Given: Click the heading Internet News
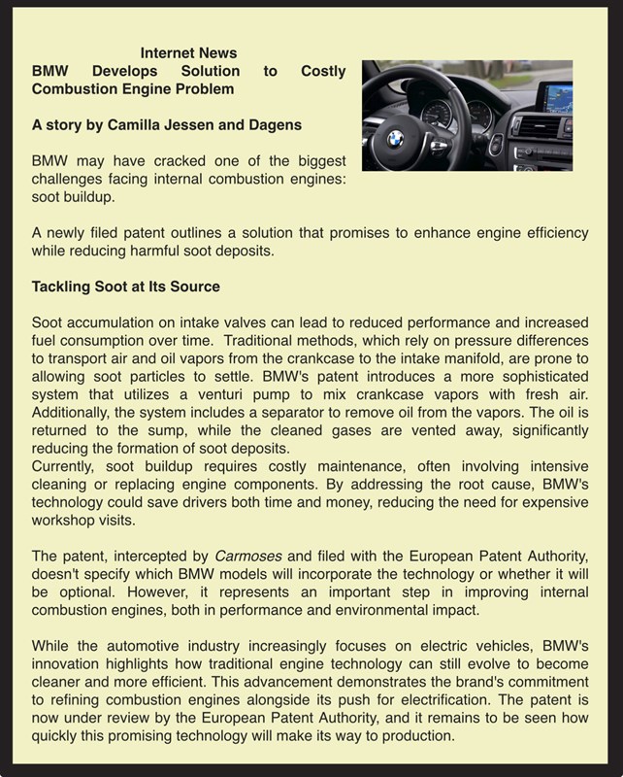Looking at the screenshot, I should [x=188, y=52].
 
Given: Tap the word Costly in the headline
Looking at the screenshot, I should [x=323, y=71].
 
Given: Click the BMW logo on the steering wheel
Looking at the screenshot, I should [x=395, y=139].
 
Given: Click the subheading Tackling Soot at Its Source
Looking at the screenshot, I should [x=126, y=287].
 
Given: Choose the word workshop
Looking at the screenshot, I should [x=64, y=520].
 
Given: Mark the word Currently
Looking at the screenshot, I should [x=64, y=466].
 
